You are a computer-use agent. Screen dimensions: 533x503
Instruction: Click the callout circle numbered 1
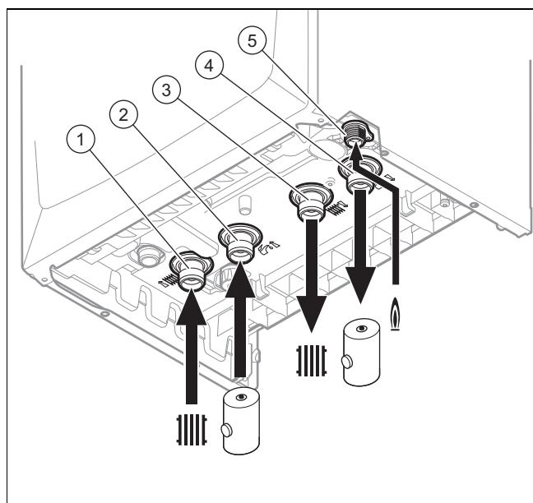81,139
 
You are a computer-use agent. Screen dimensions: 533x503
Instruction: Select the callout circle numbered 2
123,114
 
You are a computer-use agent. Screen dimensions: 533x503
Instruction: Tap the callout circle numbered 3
166,90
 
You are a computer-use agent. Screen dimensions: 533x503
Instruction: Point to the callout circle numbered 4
209,65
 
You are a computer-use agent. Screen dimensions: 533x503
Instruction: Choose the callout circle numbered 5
252,41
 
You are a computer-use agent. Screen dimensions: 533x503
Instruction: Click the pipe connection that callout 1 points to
192,272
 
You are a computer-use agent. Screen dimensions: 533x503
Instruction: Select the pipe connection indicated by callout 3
311,203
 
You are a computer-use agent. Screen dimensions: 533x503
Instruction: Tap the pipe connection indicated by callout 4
360,177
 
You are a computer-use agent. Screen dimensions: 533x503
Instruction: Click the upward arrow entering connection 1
192,346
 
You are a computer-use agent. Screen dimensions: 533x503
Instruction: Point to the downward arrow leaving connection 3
312,276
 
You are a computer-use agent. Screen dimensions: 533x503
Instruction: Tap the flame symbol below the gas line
395,314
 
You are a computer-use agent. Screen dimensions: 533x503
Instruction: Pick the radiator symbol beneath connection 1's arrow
192,430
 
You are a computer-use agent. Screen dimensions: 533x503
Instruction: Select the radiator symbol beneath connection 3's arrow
312,361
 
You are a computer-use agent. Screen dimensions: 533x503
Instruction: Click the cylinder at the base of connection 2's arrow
241,421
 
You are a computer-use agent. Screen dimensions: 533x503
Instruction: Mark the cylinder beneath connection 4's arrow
361,353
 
